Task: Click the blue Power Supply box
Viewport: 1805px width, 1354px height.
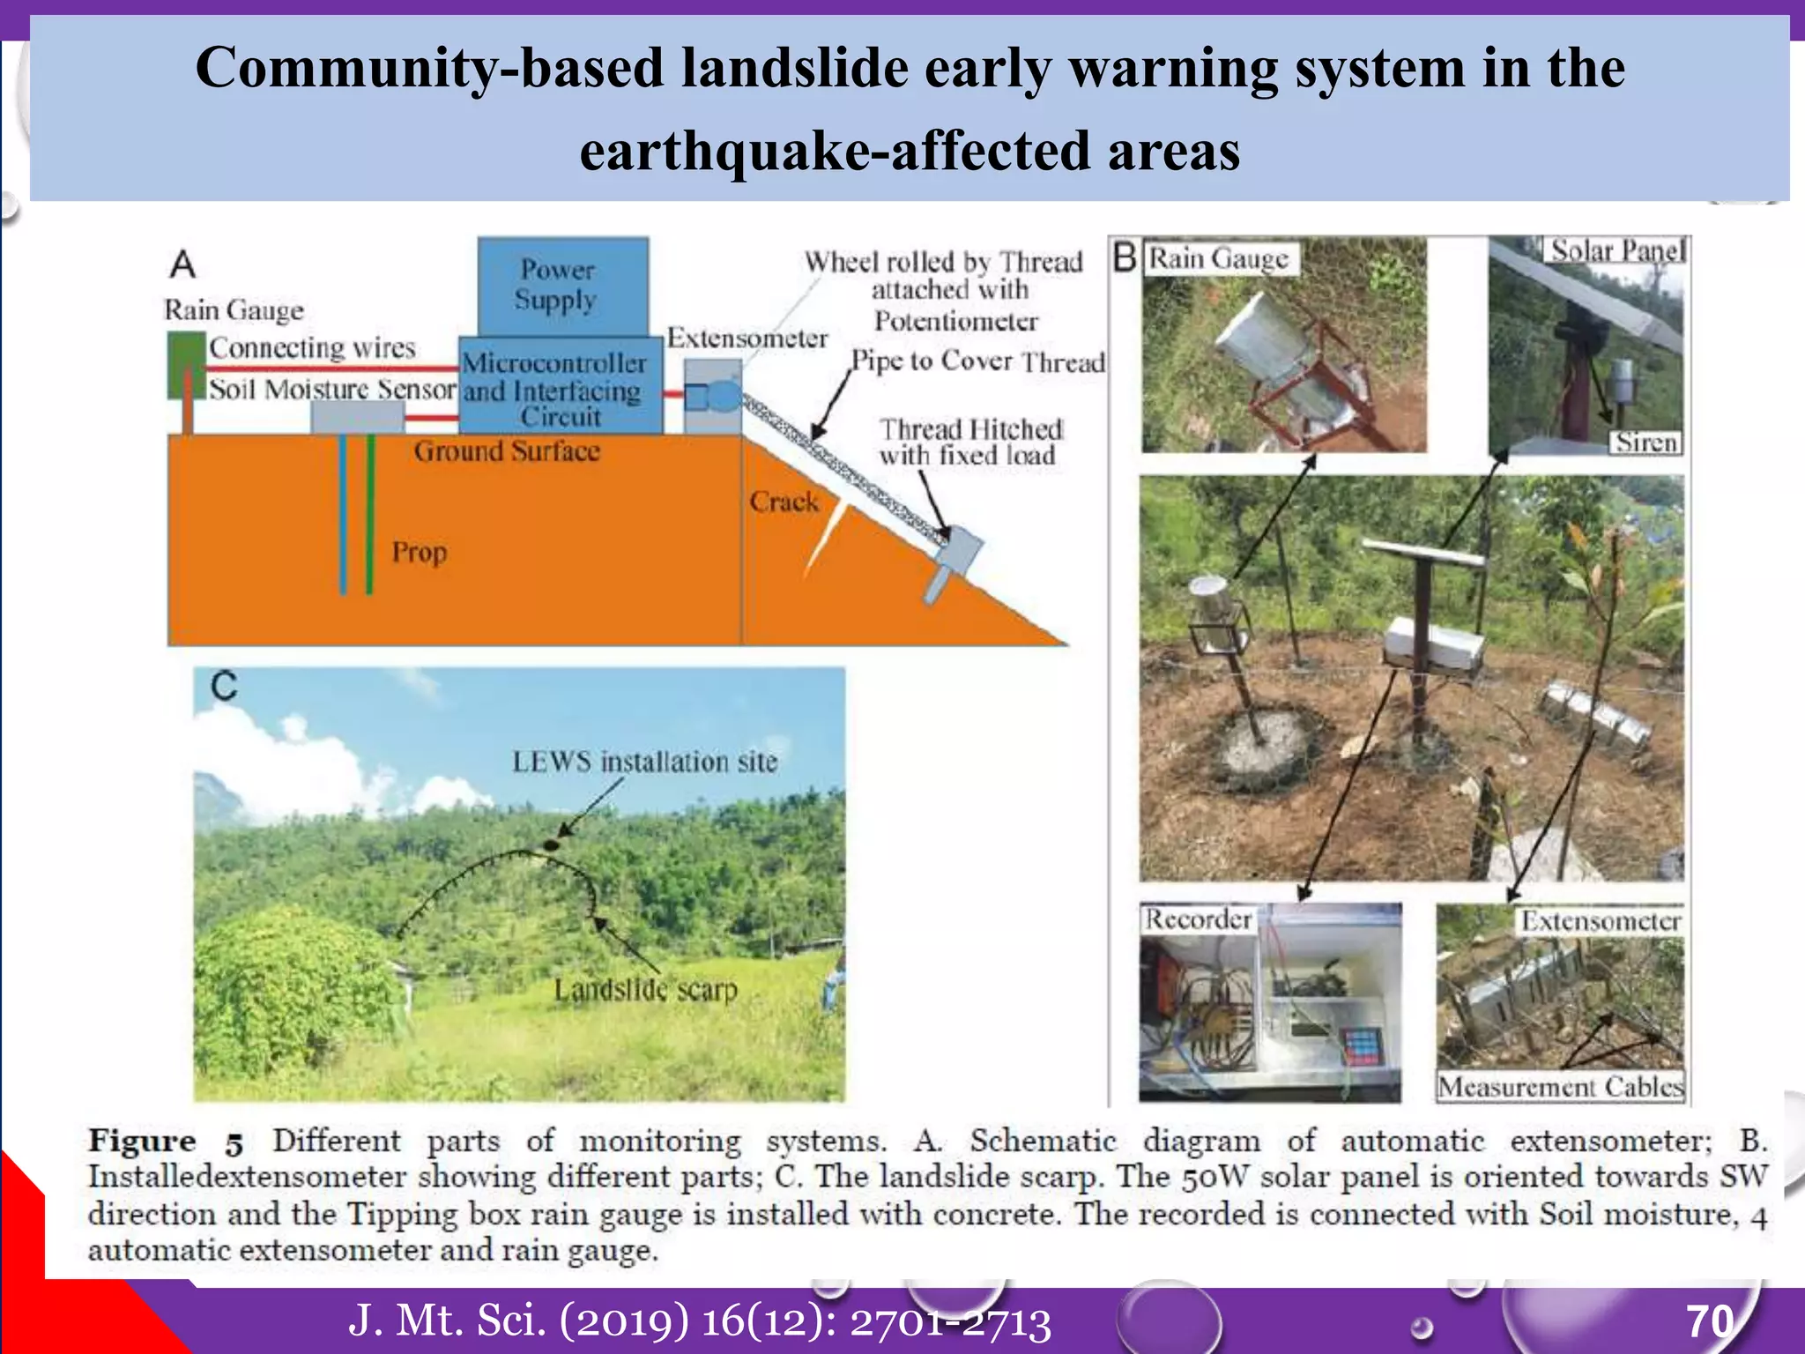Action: point(562,285)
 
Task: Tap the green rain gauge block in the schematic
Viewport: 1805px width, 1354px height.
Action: point(186,364)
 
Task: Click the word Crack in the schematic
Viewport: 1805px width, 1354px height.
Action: point(784,502)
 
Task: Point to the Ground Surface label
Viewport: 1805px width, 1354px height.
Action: point(507,451)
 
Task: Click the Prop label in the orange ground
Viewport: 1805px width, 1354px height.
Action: point(420,553)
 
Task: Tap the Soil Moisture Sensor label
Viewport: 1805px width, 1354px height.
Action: point(332,389)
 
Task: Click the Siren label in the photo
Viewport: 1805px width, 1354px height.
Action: point(1645,443)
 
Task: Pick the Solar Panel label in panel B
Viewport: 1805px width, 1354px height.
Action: point(1616,250)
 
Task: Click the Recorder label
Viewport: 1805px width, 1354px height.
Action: point(1198,919)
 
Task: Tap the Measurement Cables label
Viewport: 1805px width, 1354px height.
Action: point(1560,1086)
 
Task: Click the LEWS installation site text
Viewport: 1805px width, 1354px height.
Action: point(645,762)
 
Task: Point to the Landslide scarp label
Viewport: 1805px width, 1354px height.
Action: point(645,990)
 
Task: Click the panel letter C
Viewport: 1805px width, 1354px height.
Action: point(224,686)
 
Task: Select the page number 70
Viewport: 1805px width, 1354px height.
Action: point(1710,1321)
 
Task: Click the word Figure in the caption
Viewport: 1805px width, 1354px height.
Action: point(142,1141)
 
